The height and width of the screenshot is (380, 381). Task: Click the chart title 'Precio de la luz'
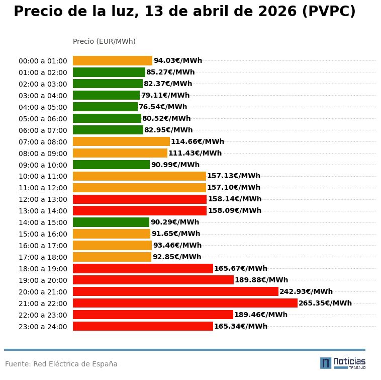coord(184,12)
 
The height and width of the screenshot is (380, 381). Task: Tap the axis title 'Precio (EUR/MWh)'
coord(104,41)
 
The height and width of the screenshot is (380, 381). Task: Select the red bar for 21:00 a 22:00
coord(185,303)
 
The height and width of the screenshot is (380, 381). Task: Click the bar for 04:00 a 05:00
coord(105,107)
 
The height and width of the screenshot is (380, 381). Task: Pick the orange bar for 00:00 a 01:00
coord(113,60)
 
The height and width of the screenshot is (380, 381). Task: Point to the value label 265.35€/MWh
coord(325,303)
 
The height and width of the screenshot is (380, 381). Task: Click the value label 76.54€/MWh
coord(163,107)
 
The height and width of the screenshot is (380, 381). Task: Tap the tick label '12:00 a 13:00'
coord(43,199)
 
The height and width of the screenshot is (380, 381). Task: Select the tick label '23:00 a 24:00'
coord(43,327)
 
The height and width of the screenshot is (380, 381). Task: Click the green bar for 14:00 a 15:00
coord(111,222)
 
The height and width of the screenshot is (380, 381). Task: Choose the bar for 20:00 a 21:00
coord(175,291)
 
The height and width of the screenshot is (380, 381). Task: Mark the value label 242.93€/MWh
coord(306,291)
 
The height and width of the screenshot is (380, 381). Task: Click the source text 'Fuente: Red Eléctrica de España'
coord(61,364)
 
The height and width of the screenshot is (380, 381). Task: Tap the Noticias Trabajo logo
coord(342,363)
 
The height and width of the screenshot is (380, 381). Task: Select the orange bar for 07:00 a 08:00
coord(121,141)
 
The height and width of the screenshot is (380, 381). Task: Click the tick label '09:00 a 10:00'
coord(43,165)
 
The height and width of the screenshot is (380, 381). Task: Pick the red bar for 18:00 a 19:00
coord(143,268)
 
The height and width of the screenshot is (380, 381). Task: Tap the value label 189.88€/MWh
coord(261,280)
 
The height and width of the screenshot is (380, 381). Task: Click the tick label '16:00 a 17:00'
coord(43,246)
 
